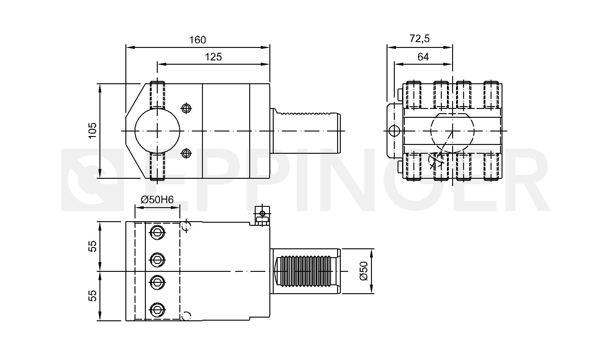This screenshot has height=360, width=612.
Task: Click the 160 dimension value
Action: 197,40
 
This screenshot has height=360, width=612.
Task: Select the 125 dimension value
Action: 213,57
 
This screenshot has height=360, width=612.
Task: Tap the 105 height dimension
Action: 92,130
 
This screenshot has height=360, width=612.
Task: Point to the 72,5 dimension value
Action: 419,39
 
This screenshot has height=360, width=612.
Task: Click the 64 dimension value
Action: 423,57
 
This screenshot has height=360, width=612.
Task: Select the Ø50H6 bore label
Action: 157,200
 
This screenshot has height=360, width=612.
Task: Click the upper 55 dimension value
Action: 92,246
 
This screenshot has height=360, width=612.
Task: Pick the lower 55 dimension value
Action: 92,296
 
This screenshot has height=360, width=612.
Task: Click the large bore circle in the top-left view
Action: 157,131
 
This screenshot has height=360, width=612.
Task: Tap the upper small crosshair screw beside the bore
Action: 186,108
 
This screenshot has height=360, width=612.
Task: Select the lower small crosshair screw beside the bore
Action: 186,153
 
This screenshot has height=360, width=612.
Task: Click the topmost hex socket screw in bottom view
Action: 157,232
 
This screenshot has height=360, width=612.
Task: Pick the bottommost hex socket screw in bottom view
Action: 157,310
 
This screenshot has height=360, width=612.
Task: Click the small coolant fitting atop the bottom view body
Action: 262,216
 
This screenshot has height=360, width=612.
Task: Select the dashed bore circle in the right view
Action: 452,131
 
